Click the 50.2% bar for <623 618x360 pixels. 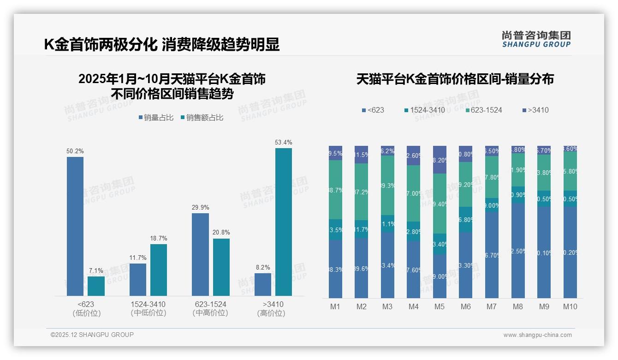click(x=75, y=226)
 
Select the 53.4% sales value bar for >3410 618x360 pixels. click(x=284, y=222)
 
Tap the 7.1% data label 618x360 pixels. click(x=96, y=270)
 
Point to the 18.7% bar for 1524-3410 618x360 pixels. click(x=159, y=270)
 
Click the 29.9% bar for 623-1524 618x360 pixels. click(x=200, y=254)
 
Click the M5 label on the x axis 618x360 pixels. click(x=439, y=306)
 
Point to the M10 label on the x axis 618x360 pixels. click(x=570, y=306)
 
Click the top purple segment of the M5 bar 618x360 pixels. click(x=440, y=160)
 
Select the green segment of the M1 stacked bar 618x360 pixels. click(x=335, y=189)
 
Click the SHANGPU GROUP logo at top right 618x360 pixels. click(x=536, y=39)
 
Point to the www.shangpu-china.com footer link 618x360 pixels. click(x=537, y=335)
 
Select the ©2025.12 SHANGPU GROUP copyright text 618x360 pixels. click(x=92, y=335)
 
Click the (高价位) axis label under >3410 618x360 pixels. click(x=271, y=313)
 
